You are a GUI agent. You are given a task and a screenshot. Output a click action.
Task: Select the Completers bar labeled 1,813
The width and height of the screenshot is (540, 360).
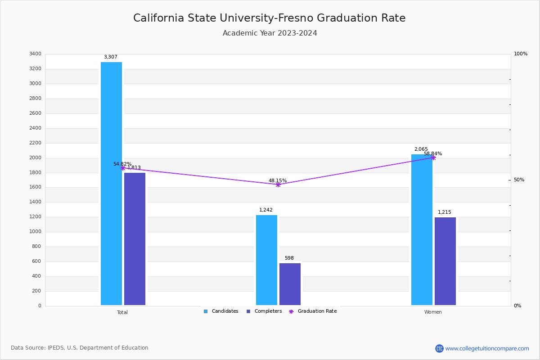[135, 239]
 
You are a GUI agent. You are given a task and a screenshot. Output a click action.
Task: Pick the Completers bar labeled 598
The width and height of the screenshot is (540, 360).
[290, 284]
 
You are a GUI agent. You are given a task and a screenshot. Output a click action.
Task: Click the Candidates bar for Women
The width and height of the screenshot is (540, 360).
[422, 229]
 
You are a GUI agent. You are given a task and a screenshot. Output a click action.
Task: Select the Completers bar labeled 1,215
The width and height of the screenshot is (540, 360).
[445, 261]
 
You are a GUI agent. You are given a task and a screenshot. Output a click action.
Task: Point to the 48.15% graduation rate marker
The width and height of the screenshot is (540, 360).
[278, 184]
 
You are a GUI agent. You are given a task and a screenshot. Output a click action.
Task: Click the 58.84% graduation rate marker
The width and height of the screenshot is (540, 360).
[433, 157]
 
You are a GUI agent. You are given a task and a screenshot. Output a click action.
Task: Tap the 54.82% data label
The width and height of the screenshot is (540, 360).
[122, 164]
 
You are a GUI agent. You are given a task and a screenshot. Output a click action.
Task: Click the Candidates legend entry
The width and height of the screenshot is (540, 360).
[221, 311]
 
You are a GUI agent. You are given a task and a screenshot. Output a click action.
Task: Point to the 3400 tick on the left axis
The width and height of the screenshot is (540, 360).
[35, 54]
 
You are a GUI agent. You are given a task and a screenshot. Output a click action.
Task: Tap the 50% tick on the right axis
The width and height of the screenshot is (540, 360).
[519, 180]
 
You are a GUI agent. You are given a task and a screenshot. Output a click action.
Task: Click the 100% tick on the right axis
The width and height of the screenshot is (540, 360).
[520, 54]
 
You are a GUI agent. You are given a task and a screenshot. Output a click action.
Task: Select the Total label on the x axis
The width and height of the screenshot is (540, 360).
[122, 312]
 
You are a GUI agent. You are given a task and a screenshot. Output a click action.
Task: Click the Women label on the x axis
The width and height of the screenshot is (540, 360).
[433, 312]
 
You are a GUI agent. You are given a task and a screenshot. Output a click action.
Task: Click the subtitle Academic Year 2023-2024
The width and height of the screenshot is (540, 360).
[270, 33]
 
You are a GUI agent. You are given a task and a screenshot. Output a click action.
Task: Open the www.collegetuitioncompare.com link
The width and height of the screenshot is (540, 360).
[487, 348]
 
